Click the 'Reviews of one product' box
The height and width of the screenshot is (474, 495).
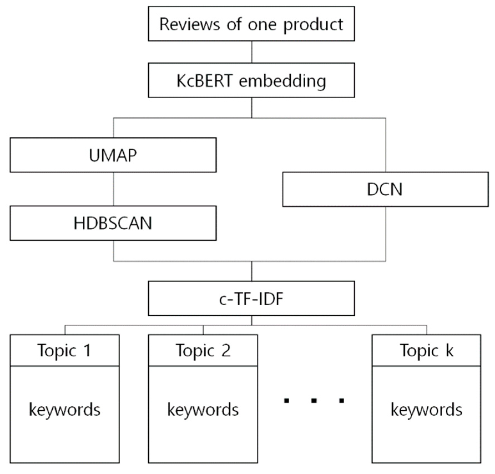pyautogui.click(x=251, y=24)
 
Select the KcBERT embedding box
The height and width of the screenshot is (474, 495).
pyautogui.click(x=251, y=80)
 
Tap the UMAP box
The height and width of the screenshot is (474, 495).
pyautogui.click(x=113, y=155)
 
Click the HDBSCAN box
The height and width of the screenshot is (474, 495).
pyautogui.click(x=113, y=223)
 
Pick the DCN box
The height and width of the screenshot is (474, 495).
pyautogui.click(x=385, y=190)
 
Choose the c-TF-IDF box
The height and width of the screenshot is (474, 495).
pyautogui.click(x=251, y=299)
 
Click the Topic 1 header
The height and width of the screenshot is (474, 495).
pyautogui.click(x=65, y=350)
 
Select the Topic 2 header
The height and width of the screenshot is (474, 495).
pyautogui.click(x=203, y=350)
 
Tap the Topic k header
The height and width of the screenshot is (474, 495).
pyautogui.click(x=426, y=350)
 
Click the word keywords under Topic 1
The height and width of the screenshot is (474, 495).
pyautogui.click(x=65, y=410)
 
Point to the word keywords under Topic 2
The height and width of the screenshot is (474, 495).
pyautogui.click(x=203, y=410)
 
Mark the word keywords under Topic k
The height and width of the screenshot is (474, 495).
pyautogui.click(x=426, y=410)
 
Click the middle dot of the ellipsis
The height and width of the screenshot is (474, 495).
pyautogui.click(x=314, y=400)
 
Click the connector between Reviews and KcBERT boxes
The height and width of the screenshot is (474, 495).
pyautogui.click(x=252, y=52)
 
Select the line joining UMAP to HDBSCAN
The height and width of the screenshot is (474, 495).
pyautogui.click(x=113, y=189)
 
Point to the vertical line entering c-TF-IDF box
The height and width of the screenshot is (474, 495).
pyautogui.click(x=252, y=271)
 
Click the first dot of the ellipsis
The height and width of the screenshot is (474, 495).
pyautogui.click(x=286, y=400)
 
